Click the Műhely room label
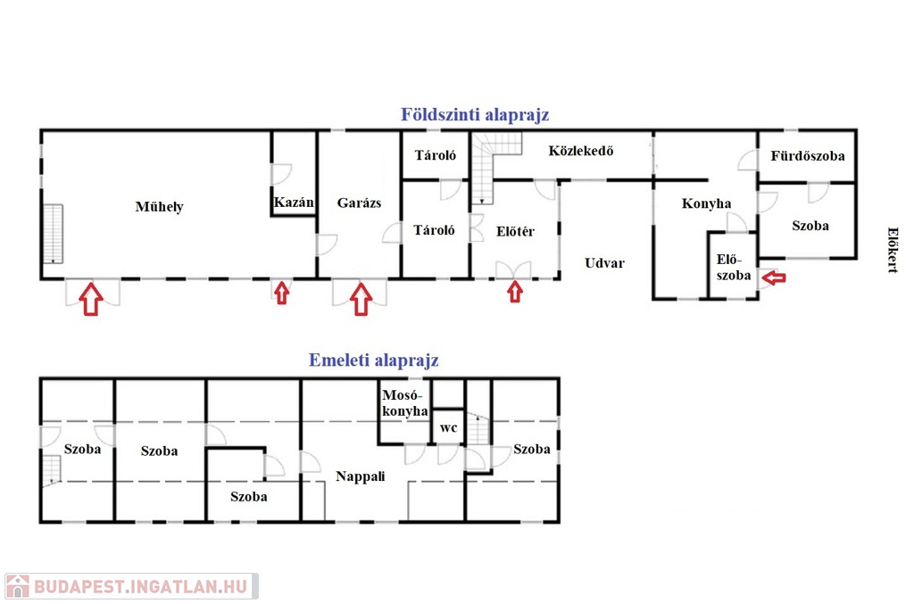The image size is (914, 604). point(159,207)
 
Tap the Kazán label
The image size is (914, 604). point(294,203)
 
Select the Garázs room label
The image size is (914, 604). point(359,203)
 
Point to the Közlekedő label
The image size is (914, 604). point(580,151)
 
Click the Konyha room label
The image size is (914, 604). point(707,203)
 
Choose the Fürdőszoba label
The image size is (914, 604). point(807,155)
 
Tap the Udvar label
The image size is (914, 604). point(604,262)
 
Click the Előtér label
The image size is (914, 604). point(515,231)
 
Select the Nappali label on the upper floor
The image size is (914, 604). point(361,476)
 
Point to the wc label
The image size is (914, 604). point(448,428)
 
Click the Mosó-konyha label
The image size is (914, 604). point(405,403)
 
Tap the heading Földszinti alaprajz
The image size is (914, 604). point(475,115)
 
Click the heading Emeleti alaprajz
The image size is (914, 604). point(373,360)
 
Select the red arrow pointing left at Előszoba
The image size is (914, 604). point(774,278)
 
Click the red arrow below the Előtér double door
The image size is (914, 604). point(515,292)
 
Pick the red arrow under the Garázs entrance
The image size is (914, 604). point(361,299)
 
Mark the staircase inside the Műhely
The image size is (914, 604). point(53,234)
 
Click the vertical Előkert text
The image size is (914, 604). point(893,250)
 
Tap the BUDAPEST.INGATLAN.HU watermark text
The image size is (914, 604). point(141,586)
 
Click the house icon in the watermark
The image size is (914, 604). point(18,586)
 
